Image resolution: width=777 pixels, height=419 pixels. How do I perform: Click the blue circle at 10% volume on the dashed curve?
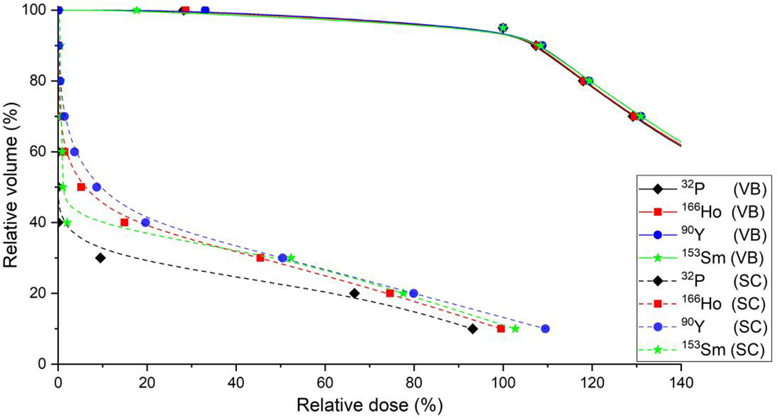[545, 329]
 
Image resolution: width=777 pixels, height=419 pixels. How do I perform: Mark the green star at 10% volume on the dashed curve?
[515, 329]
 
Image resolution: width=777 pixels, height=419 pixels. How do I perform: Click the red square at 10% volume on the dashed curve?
[501, 329]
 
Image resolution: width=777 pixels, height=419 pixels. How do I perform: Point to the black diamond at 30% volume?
[100, 258]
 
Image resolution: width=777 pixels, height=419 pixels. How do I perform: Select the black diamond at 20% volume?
[354, 293]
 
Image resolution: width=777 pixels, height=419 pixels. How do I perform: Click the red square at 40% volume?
[124, 222]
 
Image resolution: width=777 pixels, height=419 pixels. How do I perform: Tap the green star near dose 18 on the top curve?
[137, 10]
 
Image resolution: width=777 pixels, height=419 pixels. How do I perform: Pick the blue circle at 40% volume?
[146, 222]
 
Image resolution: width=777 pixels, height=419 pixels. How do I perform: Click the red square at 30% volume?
[260, 258]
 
